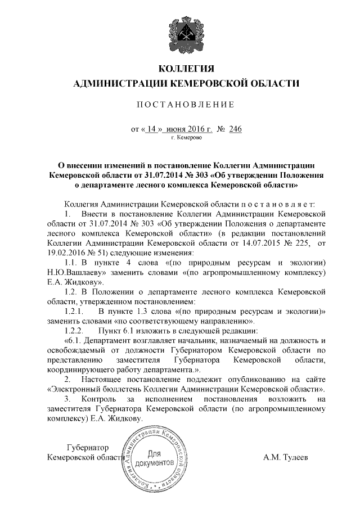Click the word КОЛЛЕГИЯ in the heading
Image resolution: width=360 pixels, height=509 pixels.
point(187,69)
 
